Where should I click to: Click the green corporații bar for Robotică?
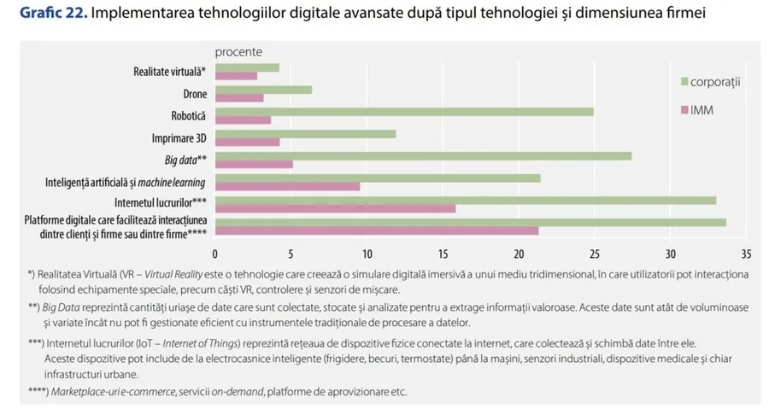pos(403,112)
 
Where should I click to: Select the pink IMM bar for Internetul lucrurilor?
pos(335,208)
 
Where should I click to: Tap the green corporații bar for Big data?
pos(423,155)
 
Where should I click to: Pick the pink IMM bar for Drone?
pos(239,98)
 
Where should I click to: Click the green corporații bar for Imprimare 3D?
pos(305,134)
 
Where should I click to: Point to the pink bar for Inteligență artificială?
pos(287,186)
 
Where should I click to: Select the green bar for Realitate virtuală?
pos(247,67)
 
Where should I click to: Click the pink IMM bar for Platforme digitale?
pos(376,231)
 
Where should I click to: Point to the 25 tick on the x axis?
pos(595,254)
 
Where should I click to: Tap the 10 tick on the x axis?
pos(367,254)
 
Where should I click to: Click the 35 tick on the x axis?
pos(746,254)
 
